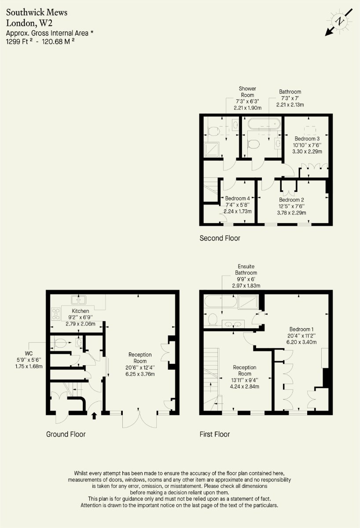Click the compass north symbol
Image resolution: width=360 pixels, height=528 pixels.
coord(339,22)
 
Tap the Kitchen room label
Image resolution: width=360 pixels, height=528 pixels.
coord(81,311)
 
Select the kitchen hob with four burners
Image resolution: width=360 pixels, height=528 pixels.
coord(56,314)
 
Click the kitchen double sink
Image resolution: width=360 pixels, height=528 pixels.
coord(79,299)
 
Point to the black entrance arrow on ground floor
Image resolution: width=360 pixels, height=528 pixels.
coord(94,415)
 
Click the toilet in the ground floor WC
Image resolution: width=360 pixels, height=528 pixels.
coord(59,342)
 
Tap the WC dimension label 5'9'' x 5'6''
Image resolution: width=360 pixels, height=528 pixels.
coord(29,360)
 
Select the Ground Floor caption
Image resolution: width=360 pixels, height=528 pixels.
coord(66,434)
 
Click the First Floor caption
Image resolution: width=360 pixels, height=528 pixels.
coord(214,434)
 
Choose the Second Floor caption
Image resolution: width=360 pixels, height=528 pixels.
coord(220,238)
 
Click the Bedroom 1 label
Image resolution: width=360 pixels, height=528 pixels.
coord(301,329)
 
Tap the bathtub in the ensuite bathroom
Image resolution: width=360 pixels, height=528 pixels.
coord(220,301)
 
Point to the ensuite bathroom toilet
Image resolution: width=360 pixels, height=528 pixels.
coord(213,319)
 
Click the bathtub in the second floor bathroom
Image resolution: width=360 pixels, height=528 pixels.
coord(264,123)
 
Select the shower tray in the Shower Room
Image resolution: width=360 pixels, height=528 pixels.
coord(212,149)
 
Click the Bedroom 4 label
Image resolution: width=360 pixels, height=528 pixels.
coord(237,198)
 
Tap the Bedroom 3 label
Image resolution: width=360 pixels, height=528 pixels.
coord(307,139)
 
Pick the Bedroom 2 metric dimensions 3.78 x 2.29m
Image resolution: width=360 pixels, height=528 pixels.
coord(292,213)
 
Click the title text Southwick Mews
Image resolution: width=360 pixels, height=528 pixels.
coord(37,12)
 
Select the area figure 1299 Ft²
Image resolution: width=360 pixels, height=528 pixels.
coord(19,41)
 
